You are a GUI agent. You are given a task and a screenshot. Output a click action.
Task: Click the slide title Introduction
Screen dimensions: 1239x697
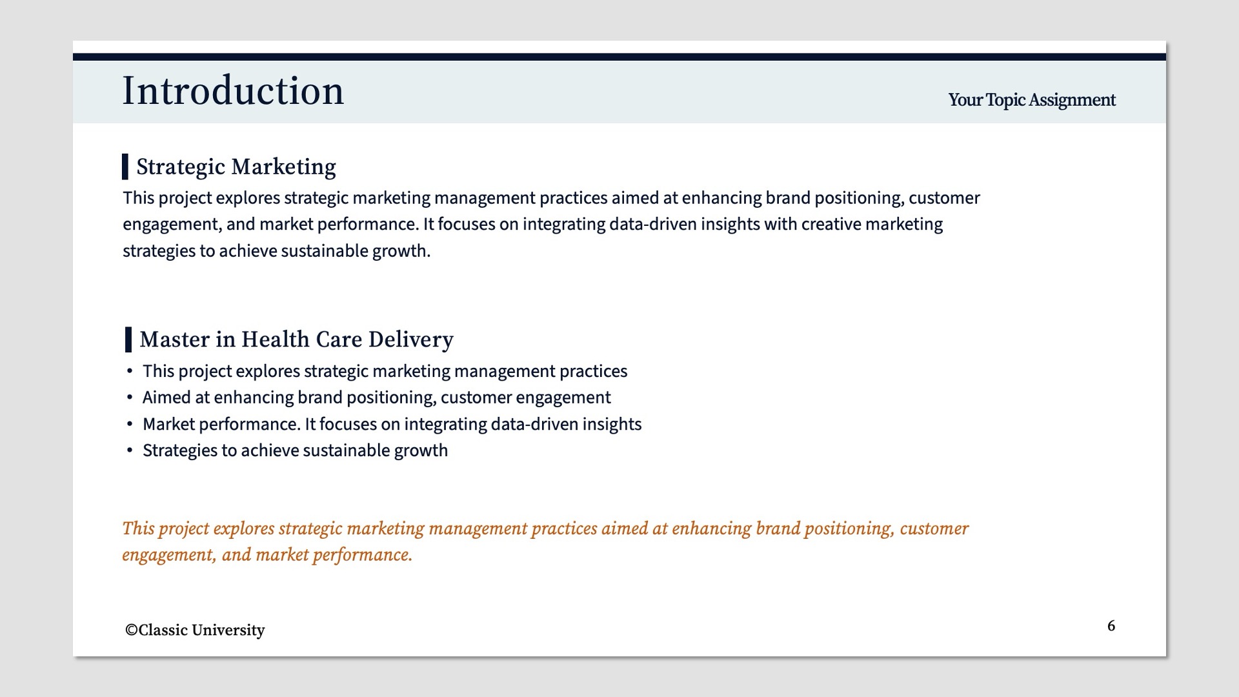(233, 91)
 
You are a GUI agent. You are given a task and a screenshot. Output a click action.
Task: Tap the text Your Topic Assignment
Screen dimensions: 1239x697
(1032, 100)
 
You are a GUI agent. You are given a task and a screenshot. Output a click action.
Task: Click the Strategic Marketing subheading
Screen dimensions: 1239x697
(236, 167)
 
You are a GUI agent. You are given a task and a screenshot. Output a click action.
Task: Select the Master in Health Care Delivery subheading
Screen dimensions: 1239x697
(296, 339)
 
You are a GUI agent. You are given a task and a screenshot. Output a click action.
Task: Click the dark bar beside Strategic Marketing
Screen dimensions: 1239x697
(125, 167)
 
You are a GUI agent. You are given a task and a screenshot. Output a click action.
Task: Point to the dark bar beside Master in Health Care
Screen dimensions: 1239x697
(128, 339)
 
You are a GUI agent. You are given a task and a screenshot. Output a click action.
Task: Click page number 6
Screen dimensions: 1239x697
(1111, 625)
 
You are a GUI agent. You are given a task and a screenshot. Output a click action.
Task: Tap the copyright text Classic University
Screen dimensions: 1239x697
(195, 630)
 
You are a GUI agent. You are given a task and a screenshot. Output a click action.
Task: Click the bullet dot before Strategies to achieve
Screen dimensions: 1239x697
(130, 450)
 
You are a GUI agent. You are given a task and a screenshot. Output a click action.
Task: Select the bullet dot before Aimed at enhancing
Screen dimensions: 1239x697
(130, 398)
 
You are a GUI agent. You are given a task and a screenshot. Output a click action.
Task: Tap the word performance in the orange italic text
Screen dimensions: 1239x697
(362, 556)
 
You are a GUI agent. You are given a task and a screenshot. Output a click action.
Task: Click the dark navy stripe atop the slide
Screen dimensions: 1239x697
(619, 57)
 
